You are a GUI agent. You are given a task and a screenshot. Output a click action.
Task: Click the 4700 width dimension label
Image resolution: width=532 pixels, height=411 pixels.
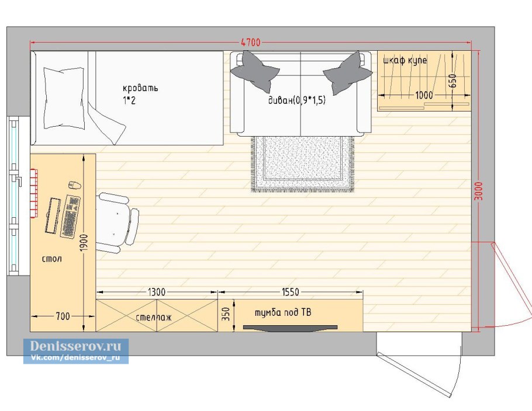click(x=251, y=43)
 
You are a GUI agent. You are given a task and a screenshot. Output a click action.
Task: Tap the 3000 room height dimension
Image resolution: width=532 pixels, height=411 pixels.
click(x=478, y=191)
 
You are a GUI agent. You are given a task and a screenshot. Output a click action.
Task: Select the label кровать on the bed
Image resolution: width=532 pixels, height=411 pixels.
click(x=140, y=88)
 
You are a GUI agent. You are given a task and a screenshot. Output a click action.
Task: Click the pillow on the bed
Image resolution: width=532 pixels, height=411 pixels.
click(x=64, y=98)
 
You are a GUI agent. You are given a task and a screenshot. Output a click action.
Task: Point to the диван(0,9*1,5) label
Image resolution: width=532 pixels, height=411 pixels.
click(x=297, y=100)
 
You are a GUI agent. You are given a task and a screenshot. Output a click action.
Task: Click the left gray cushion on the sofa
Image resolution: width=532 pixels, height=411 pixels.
click(x=255, y=71)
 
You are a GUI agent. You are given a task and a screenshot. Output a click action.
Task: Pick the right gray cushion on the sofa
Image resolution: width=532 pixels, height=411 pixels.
click(x=347, y=73)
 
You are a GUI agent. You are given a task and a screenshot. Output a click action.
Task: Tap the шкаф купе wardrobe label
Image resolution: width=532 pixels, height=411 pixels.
click(x=405, y=61)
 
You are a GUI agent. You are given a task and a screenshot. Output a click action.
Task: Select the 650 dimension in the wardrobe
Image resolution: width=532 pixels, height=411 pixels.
click(x=453, y=81)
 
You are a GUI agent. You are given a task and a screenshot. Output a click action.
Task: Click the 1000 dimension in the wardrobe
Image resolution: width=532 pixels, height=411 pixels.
click(x=424, y=95)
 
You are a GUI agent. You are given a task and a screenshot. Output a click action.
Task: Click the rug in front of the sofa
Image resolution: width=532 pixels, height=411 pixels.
click(x=303, y=164)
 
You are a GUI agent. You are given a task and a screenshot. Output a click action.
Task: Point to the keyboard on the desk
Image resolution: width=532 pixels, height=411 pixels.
click(x=70, y=217)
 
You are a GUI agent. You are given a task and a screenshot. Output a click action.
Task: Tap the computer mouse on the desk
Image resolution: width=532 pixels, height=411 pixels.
click(x=75, y=185)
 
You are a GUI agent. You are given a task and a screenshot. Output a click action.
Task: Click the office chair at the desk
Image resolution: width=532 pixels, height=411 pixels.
click(x=117, y=222)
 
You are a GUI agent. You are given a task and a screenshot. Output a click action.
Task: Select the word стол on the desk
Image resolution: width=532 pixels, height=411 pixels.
click(x=52, y=259)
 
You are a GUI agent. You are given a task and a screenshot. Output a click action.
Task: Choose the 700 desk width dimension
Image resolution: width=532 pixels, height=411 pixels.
click(x=63, y=316)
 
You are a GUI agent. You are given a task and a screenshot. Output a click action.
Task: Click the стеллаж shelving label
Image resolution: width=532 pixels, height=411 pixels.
click(x=154, y=317)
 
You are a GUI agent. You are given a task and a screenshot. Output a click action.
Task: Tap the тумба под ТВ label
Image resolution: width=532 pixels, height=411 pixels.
click(x=282, y=312)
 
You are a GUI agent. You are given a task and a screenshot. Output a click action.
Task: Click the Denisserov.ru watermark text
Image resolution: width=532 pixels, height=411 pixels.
click(x=75, y=346)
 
